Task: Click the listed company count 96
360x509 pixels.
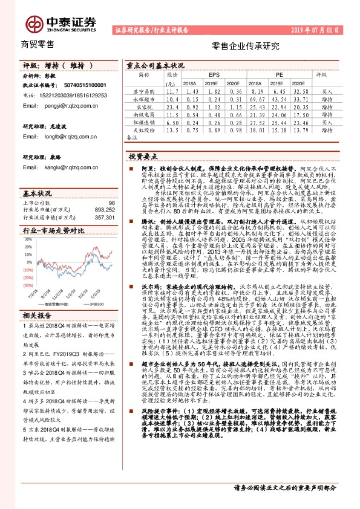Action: pos(111,203)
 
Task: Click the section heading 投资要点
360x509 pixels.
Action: pos(143,156)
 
